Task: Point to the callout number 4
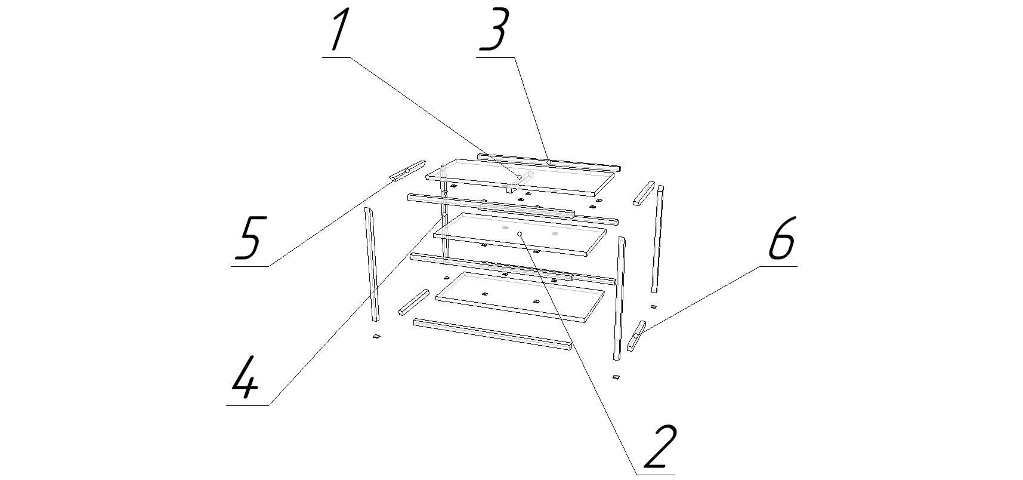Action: pos(245,377)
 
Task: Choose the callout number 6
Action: pos(781,238)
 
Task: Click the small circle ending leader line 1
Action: pos(520,177)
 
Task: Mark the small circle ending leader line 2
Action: pos(520,233)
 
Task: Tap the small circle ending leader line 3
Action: pos(548,162)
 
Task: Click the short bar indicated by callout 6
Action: pos(636,336)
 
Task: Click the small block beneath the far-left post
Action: pos(376,337)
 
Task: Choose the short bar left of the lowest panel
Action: pos(414,302)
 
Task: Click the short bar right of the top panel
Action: pos(644,194)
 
